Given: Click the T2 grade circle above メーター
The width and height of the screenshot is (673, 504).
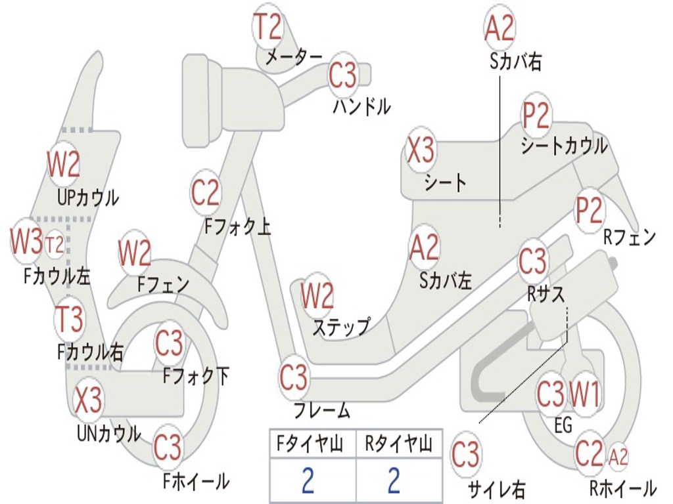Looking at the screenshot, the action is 268,26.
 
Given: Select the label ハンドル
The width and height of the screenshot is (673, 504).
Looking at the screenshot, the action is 362,106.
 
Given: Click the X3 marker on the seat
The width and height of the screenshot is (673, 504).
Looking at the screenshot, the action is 421,150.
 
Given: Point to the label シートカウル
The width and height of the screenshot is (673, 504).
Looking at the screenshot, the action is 564,146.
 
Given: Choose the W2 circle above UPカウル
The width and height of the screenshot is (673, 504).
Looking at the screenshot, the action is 64,164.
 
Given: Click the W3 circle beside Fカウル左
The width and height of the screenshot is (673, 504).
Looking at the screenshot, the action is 26,241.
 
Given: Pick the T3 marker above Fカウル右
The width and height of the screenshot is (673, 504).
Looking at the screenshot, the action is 70,319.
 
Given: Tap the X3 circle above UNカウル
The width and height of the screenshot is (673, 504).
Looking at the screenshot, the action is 88,400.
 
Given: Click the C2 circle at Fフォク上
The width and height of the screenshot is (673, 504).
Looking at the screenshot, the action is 205,192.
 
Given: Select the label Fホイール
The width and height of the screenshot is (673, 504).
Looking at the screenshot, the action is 196,481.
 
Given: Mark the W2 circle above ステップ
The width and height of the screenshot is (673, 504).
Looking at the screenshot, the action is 317,295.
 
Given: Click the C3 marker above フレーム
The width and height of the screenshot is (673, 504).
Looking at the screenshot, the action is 294,377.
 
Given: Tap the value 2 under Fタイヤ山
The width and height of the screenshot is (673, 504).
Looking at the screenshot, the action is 308,480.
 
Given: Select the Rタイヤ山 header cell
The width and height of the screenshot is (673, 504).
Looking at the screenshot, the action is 399,444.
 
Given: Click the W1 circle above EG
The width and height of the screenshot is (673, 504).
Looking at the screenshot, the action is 584,394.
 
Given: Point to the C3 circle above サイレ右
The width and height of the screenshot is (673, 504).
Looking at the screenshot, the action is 465,455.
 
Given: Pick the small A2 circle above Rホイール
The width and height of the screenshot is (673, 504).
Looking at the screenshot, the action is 618,457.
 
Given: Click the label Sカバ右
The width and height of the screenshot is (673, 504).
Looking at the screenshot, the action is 515,61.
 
